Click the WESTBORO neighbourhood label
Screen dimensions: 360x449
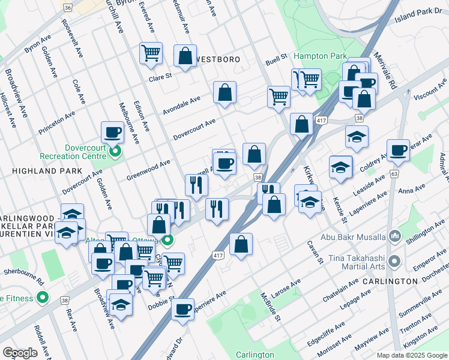tap(218, 60)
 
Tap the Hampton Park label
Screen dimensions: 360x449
tap(321, 56)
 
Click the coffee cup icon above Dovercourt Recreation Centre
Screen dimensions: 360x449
tap(112, 132)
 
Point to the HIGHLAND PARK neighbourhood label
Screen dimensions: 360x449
tap(38, 171)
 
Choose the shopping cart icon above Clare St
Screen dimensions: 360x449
tap(151, 53)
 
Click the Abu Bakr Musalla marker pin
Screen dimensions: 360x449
tap(394, 236)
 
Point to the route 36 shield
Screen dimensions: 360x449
tap(67, 7)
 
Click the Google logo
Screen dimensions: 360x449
tap(20, 353)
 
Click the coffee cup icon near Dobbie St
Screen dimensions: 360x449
tap(182, 310)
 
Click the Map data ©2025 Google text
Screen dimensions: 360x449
tap(411, 355)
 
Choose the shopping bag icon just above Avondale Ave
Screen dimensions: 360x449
tap(224, 92)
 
